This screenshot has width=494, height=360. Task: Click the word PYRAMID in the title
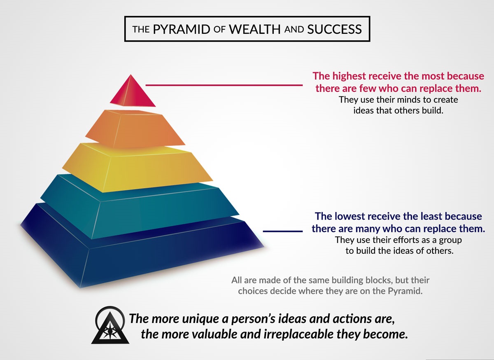click(181, 29)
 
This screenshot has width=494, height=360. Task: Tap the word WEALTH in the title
click(255, 29)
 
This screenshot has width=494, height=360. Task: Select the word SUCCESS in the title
click(335, 29)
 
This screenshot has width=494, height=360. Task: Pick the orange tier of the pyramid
click(135, 129)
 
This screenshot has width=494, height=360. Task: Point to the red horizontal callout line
click(224, 85)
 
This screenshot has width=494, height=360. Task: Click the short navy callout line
click(283, 231)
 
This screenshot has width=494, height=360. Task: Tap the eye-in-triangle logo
click(110, 325)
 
